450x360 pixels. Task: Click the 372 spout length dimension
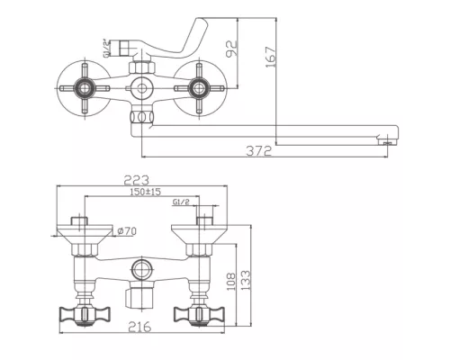(257, 151)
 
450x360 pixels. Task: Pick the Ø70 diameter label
(127, 231)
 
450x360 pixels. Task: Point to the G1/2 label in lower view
(180, 204)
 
